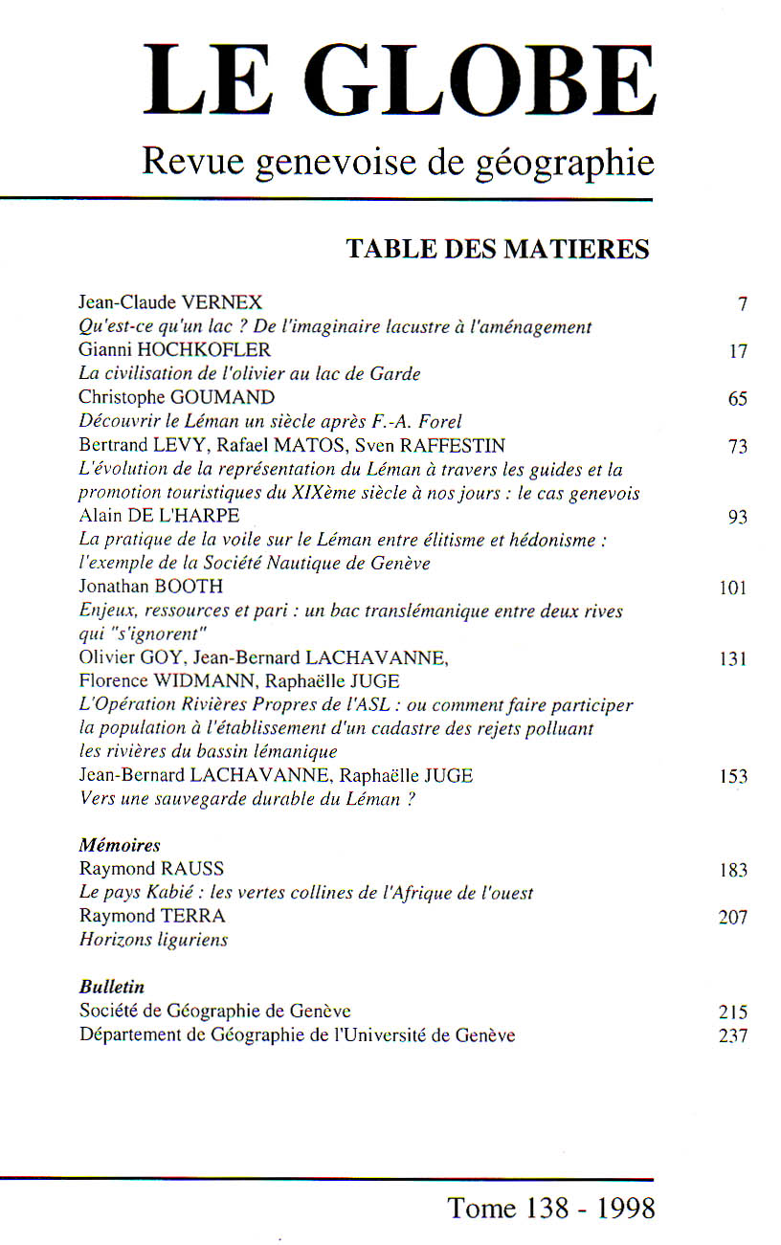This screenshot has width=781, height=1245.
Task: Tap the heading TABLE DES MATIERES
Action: [x=498, y=250]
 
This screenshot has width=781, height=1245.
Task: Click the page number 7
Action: [x=742, y=305]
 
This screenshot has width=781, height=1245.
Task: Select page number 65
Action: [x=737, y=399]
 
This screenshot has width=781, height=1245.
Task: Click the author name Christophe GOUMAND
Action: [x=176, y=398]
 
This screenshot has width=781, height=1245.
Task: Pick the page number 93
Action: [x=737, y=518]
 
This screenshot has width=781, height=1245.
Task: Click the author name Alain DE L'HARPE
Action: [x=159, y=517]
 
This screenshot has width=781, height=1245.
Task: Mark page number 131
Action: [x=733, y=658]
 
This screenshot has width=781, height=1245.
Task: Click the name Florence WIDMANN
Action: [x=158, y=681]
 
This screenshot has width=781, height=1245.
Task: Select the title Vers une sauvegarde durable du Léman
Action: [x=247, y=799]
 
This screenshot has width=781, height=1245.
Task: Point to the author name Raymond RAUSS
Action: [x=151, y=869]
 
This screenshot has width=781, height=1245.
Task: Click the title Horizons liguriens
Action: [x=153, y=940]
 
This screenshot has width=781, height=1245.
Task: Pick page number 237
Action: [x=733, y=1034]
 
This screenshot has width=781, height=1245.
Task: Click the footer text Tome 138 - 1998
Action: [x=552, y=1208]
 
